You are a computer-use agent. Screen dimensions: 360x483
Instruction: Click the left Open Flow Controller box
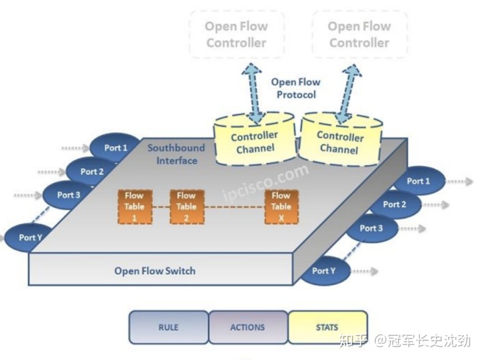click(236, 35)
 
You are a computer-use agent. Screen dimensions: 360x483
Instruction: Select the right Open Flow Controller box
click(359, 35)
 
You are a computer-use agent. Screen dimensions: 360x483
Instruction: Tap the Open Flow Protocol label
click(295, 88)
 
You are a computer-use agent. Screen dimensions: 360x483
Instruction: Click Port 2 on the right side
click(395, 204)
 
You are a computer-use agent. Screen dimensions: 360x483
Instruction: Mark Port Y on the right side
click(324, 271)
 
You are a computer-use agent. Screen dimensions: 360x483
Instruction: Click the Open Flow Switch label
click(155, 271)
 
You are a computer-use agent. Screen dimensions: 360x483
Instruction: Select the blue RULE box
click(168, 327)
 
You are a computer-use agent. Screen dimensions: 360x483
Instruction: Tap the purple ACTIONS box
click(248, 327)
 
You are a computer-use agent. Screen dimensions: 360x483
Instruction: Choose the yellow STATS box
click(327, 327)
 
